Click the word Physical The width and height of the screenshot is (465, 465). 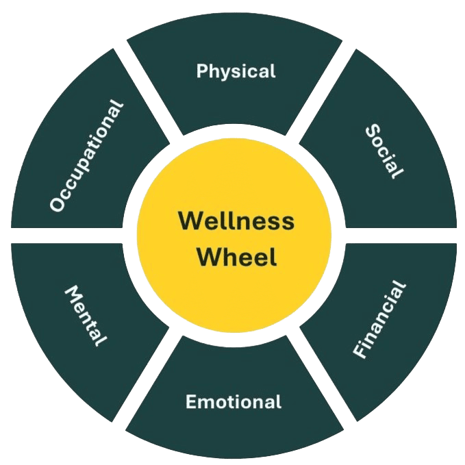tap(236, 71)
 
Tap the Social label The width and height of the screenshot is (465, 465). tap(385, 151)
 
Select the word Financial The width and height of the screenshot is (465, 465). tap(379, 319)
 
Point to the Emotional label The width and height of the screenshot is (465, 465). tap(234, 402)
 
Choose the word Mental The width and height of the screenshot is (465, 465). tap(86, 316)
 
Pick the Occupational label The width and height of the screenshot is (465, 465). tap(86, 156)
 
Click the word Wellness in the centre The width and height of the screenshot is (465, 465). tap(236, 221)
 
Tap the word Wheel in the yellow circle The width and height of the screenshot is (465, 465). tap(237, 256)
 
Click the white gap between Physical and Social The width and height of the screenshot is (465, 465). tap(321, 92)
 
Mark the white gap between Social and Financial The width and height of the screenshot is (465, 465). tap(401, 236)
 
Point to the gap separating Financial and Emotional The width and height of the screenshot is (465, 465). tap(321, 379)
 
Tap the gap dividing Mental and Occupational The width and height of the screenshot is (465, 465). tap(66, 236)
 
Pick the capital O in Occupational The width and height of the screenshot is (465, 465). tap(58, 203)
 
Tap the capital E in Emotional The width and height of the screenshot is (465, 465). tap(192, 402)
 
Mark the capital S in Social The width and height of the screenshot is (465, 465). tap(373, 131)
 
